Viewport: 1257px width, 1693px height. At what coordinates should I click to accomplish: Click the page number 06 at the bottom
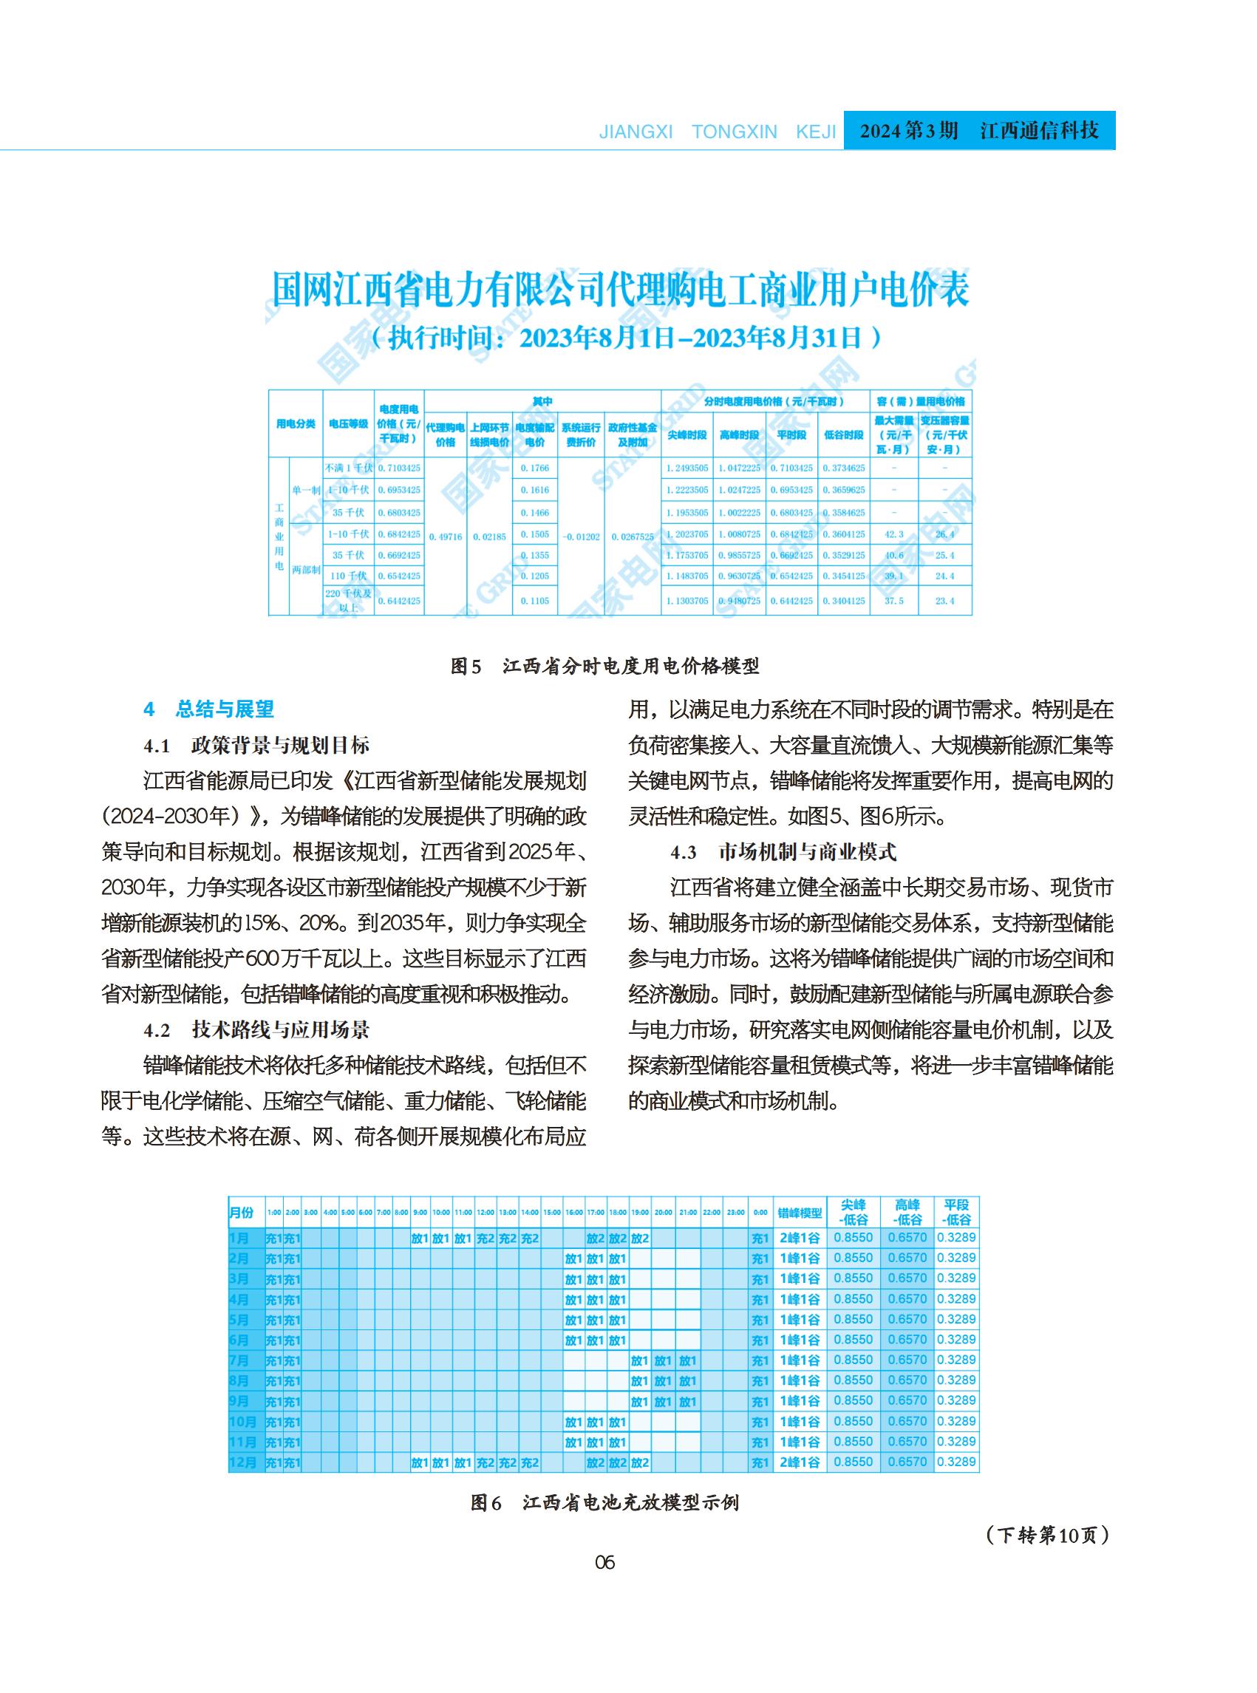(604, 1563)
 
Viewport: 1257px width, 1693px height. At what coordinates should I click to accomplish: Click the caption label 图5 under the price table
(466, 667)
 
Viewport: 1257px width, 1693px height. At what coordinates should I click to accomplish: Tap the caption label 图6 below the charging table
(486, 1503)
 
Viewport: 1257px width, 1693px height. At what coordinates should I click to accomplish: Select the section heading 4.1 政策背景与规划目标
(256, 745)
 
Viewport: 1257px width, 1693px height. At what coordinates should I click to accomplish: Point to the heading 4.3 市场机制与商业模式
(783, 851)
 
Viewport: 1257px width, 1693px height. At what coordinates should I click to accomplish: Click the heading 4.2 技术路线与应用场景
(256, 1030)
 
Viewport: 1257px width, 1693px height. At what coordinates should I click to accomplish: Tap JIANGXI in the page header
(636, 132)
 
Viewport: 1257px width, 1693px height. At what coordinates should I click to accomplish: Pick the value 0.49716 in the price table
(445, 536)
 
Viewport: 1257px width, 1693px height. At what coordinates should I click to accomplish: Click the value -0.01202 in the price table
(581, 536)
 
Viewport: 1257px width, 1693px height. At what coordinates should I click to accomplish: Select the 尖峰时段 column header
(687, 435)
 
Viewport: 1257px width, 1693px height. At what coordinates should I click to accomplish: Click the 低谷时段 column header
(843, 435)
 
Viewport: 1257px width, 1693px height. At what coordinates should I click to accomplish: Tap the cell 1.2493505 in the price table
(687, 468)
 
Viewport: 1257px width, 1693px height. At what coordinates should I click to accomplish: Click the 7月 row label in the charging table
(239, 1360)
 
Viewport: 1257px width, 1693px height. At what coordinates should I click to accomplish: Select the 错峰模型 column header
(800, 1212)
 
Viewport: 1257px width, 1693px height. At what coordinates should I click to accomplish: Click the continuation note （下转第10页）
(1047, 1536)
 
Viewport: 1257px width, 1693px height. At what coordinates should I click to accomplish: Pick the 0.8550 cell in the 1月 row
(853, 1238)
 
